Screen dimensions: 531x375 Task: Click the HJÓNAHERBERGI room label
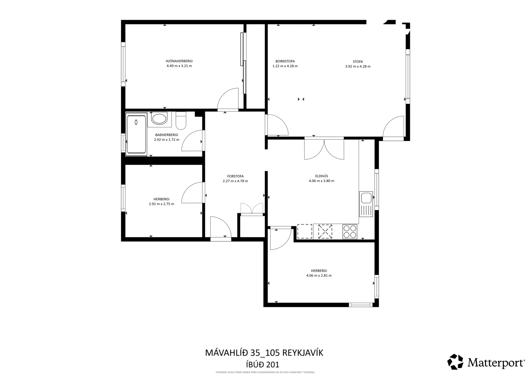(179, 61)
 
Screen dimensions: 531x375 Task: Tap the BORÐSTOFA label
(285, 61)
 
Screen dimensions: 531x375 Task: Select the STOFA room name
(358, 62)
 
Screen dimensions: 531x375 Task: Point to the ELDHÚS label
(322, 176)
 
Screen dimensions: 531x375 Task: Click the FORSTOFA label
(235, 176)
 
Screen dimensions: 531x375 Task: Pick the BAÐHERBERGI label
(166, 135)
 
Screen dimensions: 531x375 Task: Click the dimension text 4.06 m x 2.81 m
(319, 276)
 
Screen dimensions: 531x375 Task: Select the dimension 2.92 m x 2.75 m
(161, 204)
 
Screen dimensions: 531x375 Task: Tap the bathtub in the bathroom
(136, 134)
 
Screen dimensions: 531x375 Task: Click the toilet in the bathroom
(181, 121)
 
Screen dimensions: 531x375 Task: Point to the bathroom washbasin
(159, 119)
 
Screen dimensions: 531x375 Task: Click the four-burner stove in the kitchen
(350, 231)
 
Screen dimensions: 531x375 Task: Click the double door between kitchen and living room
(324, 149)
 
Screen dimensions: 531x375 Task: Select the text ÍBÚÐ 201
(262, 364)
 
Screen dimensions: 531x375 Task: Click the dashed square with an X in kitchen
(325, 231)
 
